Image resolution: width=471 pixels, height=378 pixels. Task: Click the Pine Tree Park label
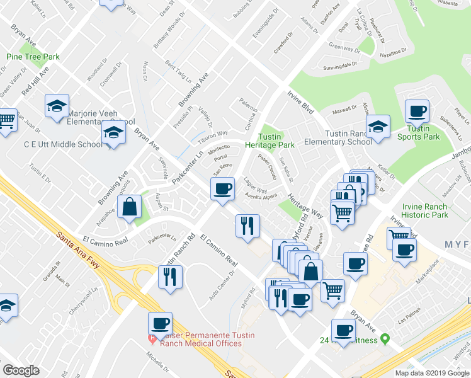(33, 57)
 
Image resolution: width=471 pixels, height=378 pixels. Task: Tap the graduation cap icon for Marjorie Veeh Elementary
(57, 105)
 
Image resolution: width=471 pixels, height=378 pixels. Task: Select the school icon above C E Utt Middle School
(113, 133)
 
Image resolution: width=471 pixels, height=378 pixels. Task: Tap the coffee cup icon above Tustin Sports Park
(417, 112)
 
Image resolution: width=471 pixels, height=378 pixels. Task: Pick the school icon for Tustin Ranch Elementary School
(378, 126)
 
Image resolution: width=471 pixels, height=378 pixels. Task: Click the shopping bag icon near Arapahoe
(129, 207)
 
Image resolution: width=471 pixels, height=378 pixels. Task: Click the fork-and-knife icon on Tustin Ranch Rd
(169, 277)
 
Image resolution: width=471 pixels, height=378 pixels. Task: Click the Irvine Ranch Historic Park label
(424, 211)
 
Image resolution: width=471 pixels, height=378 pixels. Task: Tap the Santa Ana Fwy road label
(78, 246)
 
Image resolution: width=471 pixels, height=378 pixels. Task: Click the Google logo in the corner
(21, 370)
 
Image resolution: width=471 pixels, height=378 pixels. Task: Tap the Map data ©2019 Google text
(431, 373)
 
